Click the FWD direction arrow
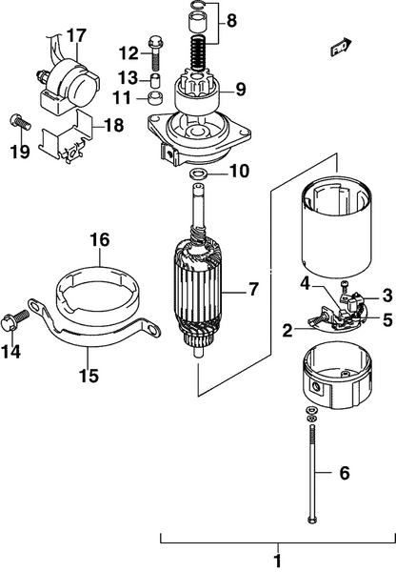click(341, 47)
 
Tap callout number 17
click(76, 36)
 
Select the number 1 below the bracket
click(278, 561)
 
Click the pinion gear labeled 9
click(197, 92)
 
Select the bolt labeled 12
click(156, 53)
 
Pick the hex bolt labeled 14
click(14, 320)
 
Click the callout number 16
click(99, 240)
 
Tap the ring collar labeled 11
click(155, 97)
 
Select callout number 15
click(89, 375)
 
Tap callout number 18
click(113, 125)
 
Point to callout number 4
click(305, 284)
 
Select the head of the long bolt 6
click(312, 521)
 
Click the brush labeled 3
click(355, 302)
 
